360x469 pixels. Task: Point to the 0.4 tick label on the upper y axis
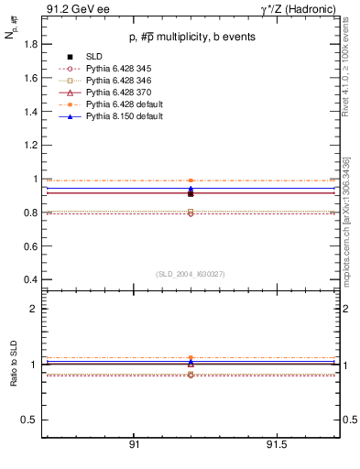pos(29,279)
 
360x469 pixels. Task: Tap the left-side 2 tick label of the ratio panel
pos(34,309)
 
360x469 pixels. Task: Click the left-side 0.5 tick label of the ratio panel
pos(29,420)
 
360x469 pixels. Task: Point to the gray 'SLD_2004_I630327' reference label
pos(191,274)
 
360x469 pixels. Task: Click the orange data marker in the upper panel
pos(191,180)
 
